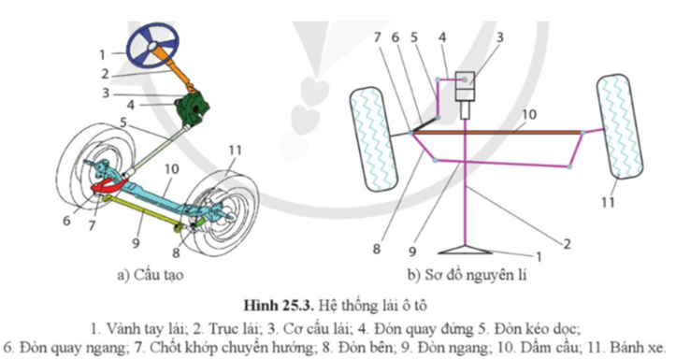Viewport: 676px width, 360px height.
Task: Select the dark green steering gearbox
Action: click(194, 108)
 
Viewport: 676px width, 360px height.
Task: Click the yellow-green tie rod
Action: click(144, 210)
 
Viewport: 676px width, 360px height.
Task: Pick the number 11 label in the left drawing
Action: click(235, 150)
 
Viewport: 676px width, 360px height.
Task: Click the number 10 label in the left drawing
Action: click(171, 169)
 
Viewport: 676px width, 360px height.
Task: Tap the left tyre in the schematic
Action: click(373, 139)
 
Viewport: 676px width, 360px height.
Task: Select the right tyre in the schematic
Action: click(620, 126)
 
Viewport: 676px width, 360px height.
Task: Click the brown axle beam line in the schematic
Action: click(496, 133)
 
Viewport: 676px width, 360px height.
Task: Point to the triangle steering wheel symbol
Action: click(465, 250)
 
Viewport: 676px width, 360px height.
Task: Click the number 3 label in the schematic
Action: click(499, 37)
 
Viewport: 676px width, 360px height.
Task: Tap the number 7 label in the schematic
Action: click(377, 37)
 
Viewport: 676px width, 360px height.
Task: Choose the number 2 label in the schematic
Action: click(567, 244)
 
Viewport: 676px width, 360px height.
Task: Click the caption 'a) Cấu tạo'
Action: click(150, 275)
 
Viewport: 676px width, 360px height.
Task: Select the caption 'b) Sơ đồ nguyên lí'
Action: click(467, 275)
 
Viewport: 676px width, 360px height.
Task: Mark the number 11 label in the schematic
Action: click(608, 202)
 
